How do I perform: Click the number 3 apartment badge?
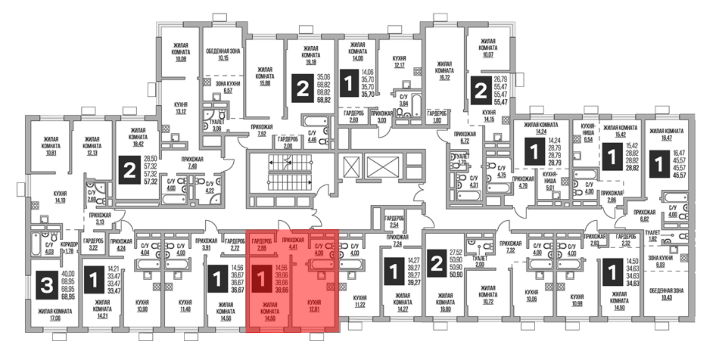click(x=47, y=286)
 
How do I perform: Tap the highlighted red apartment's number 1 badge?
click(x=261, y=279)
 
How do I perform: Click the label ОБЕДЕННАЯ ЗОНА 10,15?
click(x=223, y=54)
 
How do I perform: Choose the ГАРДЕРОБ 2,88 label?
click(x=262, y=244)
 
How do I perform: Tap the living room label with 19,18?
click(x=311, y=55)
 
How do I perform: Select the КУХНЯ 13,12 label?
click(x=181, y=108)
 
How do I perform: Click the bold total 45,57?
click(x=679, y=175)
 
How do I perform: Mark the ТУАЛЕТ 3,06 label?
click(x=216, y=125)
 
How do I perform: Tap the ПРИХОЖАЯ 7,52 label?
click(x=262, y=130)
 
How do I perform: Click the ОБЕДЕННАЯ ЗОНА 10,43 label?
click(x=666, y=294)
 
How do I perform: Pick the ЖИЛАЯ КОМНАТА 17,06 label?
click(x=55, y=314)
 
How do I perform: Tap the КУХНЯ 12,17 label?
click(x=399, y=61)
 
